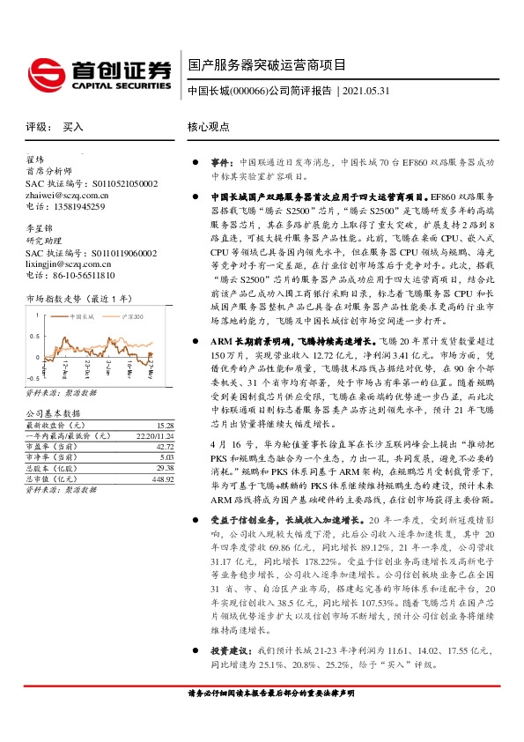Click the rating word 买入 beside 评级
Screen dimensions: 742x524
[x=73, y=128]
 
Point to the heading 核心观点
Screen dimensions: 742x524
[x=210, y=128]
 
